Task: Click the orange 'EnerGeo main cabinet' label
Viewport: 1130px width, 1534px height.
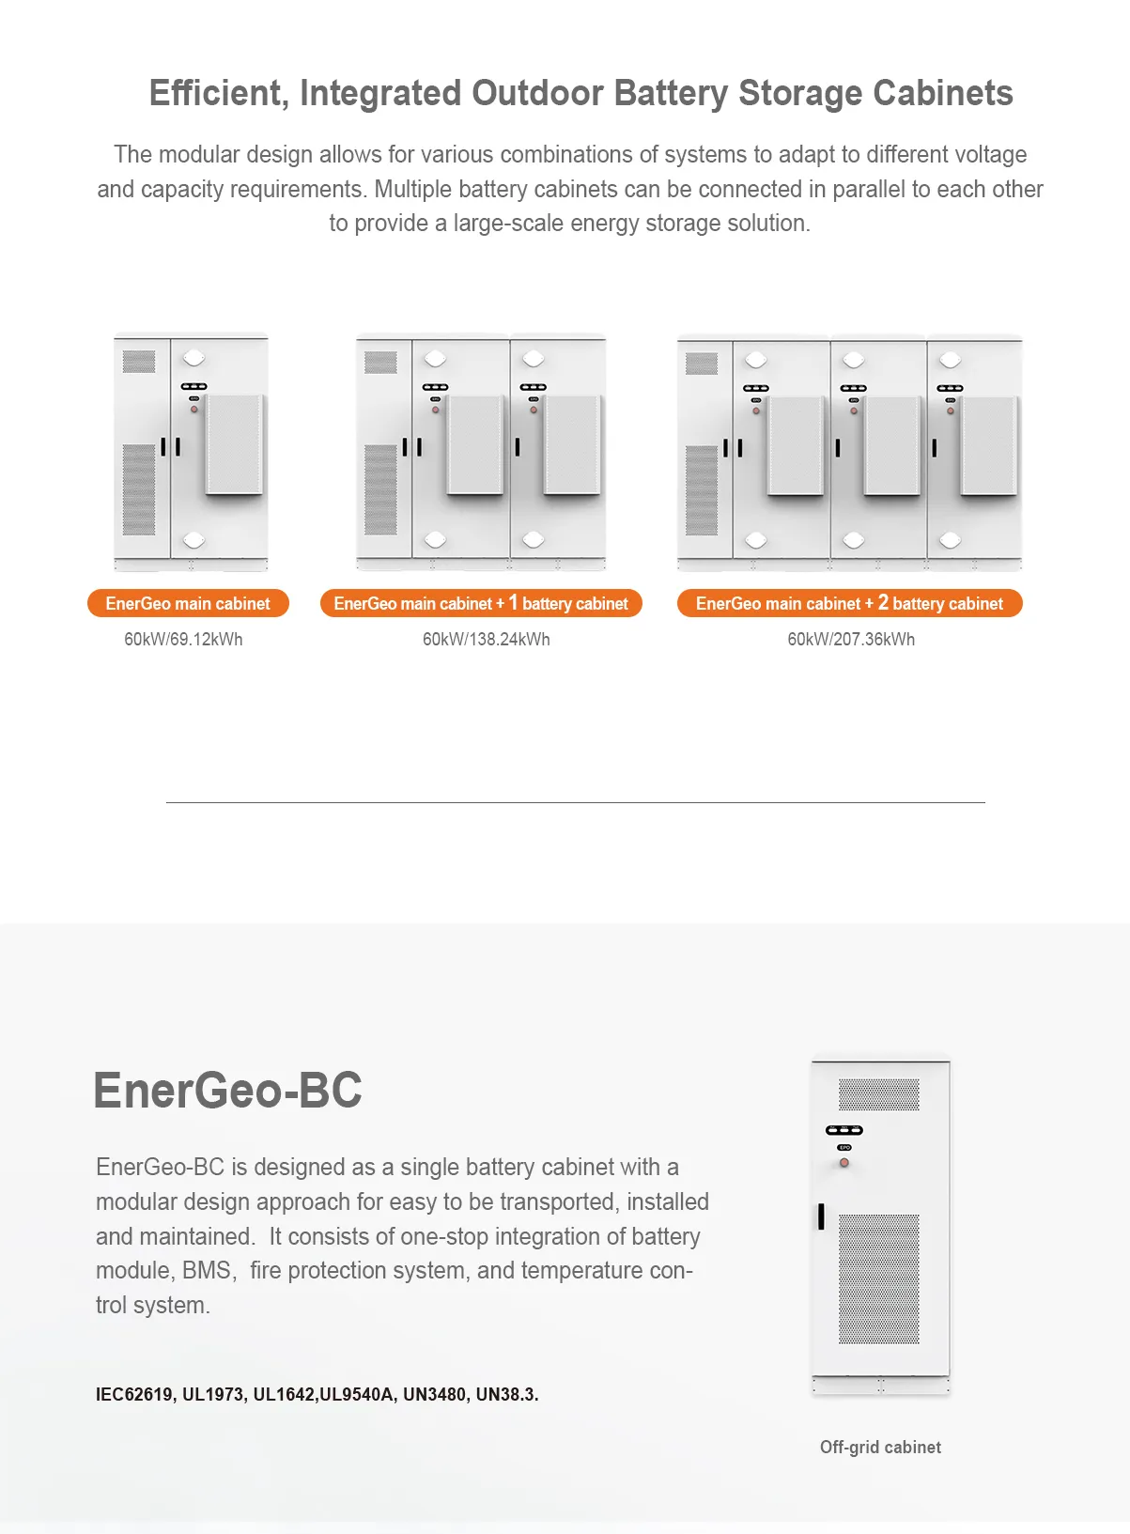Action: [188, 604]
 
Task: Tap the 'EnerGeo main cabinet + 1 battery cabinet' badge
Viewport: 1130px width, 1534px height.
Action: [481, 604]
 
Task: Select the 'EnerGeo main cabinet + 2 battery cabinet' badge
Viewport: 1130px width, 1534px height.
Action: [849, 604]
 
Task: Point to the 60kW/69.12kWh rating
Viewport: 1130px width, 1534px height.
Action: [183, 640]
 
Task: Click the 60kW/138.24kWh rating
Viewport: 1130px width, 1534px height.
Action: [486, 640]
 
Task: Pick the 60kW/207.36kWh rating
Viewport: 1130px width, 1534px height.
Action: [851, 640]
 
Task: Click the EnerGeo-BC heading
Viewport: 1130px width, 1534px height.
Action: [227, 1091]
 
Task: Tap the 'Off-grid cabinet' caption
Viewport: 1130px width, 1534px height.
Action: [880, 1448]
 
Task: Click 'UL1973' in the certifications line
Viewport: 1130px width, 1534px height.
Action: [213, 1395]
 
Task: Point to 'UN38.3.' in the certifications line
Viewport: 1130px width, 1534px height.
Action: [507, 1395]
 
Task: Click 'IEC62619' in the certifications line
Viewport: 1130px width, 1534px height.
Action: [134, 1395]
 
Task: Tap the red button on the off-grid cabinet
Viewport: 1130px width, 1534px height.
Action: [844, 1163]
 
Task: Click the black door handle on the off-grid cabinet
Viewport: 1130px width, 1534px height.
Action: [821, 1216]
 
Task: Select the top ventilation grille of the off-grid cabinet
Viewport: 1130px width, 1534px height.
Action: [879, 1094]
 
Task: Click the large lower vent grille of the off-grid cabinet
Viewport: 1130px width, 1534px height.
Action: [879, 1278]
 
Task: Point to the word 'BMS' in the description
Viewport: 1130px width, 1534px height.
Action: [207, 1271]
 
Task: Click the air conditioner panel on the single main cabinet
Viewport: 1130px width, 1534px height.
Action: [235, 444]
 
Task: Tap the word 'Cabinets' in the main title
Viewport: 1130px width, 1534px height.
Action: [943, 94]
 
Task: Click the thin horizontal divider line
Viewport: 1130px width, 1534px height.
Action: [575, 803]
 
